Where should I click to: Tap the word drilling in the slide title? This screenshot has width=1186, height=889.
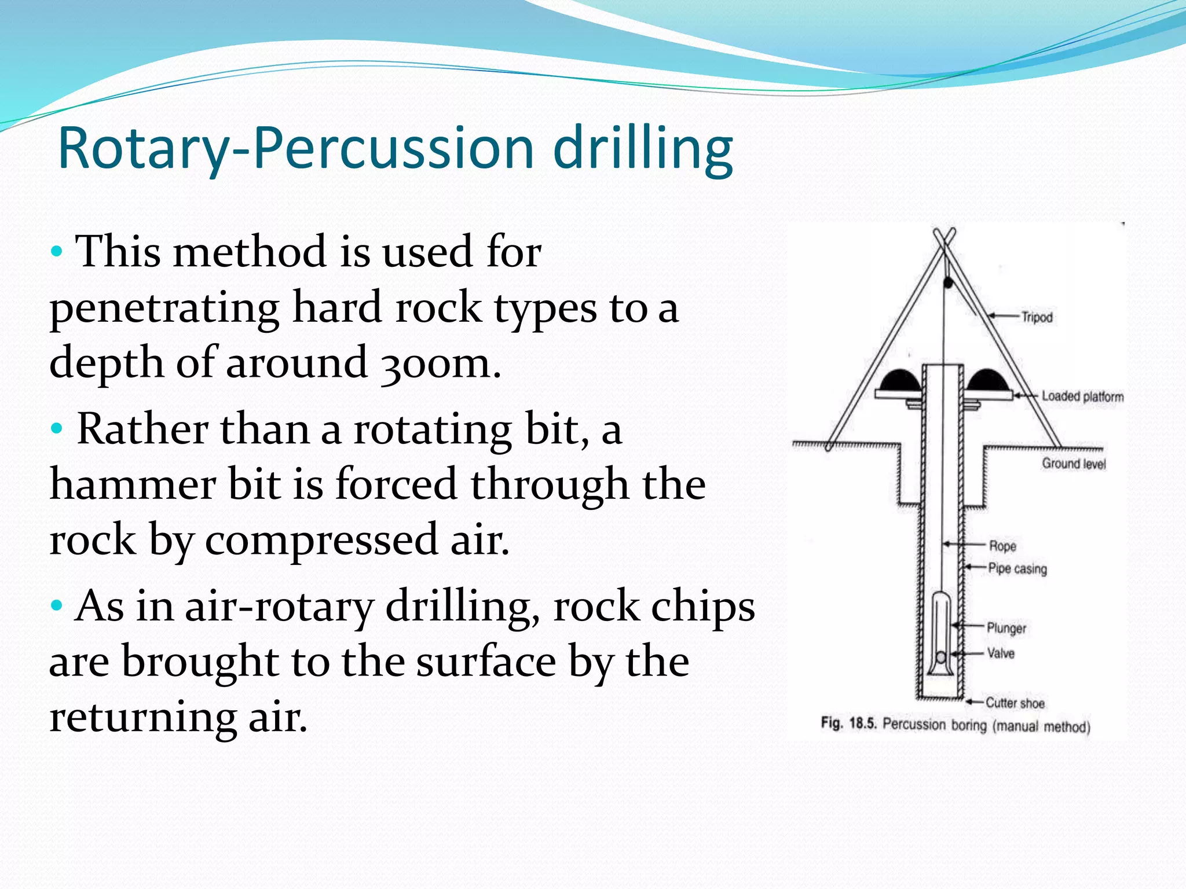pyautogui.click(x=643, y=149)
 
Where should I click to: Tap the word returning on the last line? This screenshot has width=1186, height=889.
pyautogui.click(x=142, y=717)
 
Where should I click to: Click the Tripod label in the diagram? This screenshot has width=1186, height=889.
pyautogui.click(x=1037, y=317)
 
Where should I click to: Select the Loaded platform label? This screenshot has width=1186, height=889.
pyautogui.click(x=1082, y=396)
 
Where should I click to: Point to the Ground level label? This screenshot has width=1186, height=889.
pyautogui.click(x=1074, y=464)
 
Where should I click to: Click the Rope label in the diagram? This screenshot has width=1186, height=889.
pyautogui.click(x=1002, y=546)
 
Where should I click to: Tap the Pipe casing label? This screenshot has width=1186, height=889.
pyautogui.click(x=1017, y=568)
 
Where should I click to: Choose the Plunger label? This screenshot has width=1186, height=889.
pyautogui.click(x=1006, y=628)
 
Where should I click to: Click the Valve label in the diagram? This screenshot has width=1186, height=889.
pyautogui.click(x=1001, y=653)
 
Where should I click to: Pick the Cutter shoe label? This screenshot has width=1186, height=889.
pyautogui.click(x=1015, y=703)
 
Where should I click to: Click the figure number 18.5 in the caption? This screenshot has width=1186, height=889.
pyautogui.click(x=863, y=723)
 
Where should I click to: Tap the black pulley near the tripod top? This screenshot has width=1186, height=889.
pyautogui.click(x=949, y=282)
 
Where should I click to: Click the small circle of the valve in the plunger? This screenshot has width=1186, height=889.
pyautogui.click(x=941, y=657)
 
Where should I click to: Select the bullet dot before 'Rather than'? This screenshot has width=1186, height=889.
pyautogui.click(x=56, y=429)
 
